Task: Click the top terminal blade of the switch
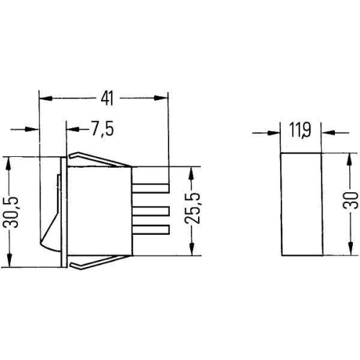(150, 189)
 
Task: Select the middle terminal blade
(150, 211)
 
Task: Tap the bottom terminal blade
(150, 230)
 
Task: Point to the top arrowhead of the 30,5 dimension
(10, 161)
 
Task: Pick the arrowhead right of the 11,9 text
(325, 132)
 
